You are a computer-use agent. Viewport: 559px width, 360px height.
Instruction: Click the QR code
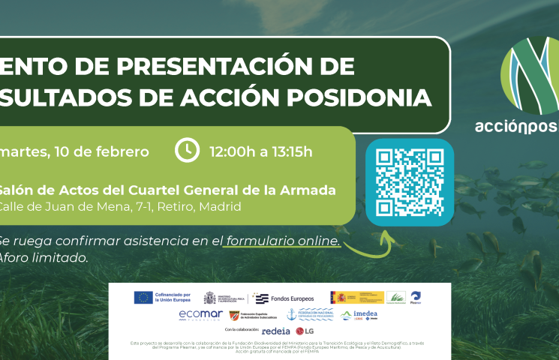tap(409, 182)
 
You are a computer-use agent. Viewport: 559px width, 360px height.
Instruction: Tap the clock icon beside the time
tap(186, 151)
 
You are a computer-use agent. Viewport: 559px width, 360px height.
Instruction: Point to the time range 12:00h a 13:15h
tap(261, 151)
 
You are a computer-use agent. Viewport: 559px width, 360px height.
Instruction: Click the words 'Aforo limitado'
tap(44, 257)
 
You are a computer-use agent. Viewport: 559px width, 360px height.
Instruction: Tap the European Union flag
tap(143, 297)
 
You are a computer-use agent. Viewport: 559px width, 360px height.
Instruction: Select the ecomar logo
tap(200, 315)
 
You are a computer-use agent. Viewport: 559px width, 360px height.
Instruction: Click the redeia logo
tap(276, 330)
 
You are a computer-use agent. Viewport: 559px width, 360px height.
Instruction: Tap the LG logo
tap(305, 331)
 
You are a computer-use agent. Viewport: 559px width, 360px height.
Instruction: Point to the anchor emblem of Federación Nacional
tap(292, 315)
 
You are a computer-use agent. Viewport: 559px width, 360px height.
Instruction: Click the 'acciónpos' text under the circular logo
tap(517, 126)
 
